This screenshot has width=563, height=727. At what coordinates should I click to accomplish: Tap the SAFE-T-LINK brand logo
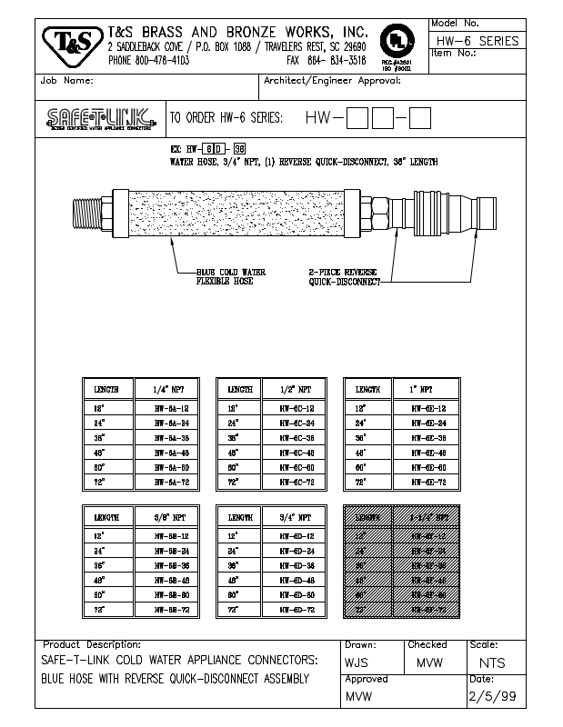point(100,119)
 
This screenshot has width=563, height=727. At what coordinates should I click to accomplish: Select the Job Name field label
point(67,81)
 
